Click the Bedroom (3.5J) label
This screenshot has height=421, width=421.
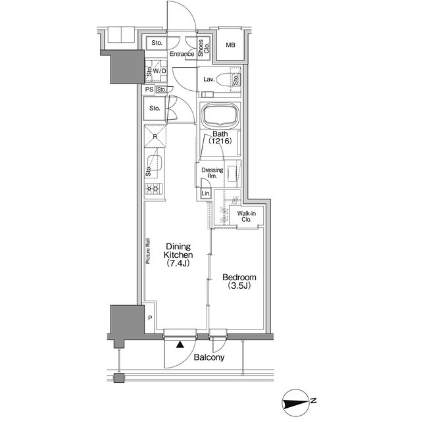coord(239,282)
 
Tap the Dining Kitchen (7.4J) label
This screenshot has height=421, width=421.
coord(178,255)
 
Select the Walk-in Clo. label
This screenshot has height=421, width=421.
coord(247,216)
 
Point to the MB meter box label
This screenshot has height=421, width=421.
coord(230,45)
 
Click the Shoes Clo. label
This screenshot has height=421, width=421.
coord(203,48)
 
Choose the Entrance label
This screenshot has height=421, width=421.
coord(182,54)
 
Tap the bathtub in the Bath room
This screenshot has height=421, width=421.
coord(220,115)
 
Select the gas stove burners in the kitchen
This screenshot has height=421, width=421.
coord(153,189)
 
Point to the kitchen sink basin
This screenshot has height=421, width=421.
coord(155,163)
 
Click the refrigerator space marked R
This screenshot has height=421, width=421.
coord(155,136)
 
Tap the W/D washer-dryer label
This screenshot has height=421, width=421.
coord(159,71)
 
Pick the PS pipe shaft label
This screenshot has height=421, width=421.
coord(149,89)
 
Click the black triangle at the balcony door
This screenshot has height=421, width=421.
coord(180,345)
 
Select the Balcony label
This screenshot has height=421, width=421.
coord(209,357)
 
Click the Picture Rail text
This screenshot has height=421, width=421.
coord(148,251)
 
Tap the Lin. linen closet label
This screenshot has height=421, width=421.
coord(206,193)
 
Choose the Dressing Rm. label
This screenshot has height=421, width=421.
coord(212,173)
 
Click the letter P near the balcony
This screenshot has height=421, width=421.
coord(150,318)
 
